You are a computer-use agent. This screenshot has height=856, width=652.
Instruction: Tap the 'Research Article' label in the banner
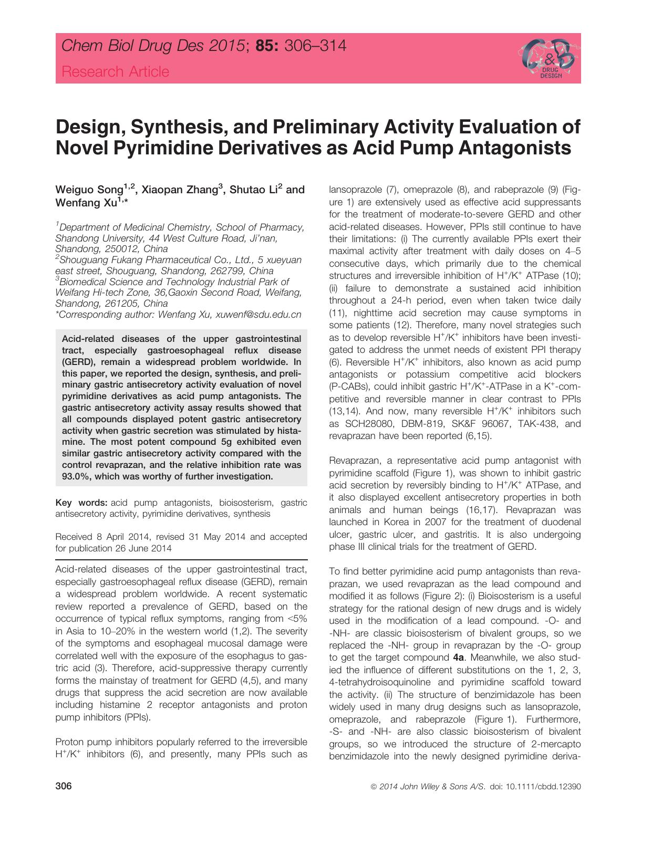pos(115,72)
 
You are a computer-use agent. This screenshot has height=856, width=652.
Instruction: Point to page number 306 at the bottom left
pos(63,787)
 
